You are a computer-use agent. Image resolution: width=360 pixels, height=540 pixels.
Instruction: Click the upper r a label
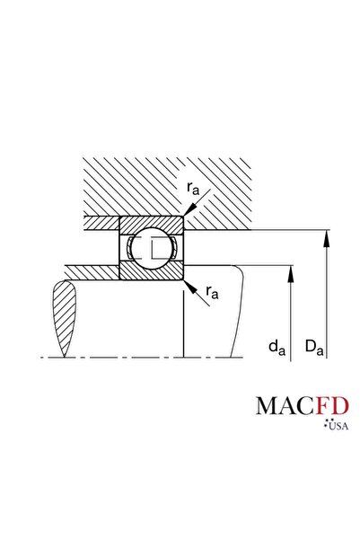coord(194,188)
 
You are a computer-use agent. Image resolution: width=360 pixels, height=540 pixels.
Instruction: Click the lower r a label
coord(212,291)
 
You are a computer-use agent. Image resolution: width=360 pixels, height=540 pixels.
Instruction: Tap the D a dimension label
coord(313,345)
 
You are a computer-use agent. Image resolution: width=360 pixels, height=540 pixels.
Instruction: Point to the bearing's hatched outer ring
coord(151,222)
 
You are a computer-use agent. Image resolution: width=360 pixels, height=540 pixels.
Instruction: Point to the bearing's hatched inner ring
coord(151,270)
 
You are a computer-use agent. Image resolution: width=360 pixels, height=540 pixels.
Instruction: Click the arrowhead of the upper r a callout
coord(184,212)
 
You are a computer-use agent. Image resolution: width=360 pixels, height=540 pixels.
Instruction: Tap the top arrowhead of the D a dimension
coord(327,236)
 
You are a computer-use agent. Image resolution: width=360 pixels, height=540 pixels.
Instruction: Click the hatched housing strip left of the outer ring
coord(101,221)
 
